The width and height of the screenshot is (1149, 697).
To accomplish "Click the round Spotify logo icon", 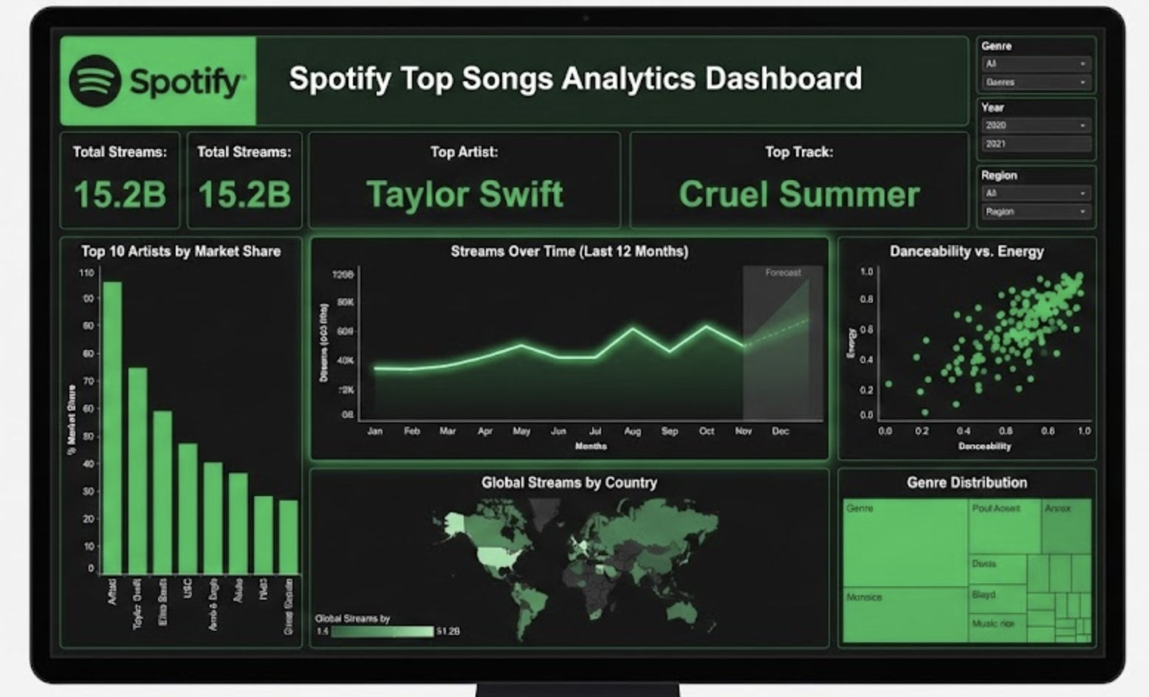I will (95, 80).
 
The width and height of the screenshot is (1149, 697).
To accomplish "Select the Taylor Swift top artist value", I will (464, 194).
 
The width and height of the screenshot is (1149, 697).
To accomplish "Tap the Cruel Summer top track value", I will (799, 194).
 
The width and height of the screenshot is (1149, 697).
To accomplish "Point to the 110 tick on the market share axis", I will (86, 273).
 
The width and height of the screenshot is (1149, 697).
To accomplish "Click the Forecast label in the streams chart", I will (783, 272).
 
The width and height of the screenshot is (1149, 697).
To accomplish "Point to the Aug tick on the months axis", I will (633, 431).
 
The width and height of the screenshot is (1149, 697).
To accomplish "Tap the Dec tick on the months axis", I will (781, 431).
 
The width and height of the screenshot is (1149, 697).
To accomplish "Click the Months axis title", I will (591, 446).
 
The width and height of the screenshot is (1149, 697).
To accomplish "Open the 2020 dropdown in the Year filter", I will (1035, 126).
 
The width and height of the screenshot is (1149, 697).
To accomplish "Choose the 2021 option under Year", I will (1035, 144).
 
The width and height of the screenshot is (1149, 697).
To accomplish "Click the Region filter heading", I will (999, 175).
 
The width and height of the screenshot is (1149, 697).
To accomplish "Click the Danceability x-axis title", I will (984, 446).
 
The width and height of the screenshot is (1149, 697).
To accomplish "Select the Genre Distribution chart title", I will (967, 483).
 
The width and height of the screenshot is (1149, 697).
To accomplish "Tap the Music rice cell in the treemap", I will (994, 624).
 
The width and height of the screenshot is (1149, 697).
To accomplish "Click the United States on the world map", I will (499, 556).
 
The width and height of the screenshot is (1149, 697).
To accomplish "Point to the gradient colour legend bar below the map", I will (382, 632).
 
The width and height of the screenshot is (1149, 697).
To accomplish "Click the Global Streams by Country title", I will (569, 483).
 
